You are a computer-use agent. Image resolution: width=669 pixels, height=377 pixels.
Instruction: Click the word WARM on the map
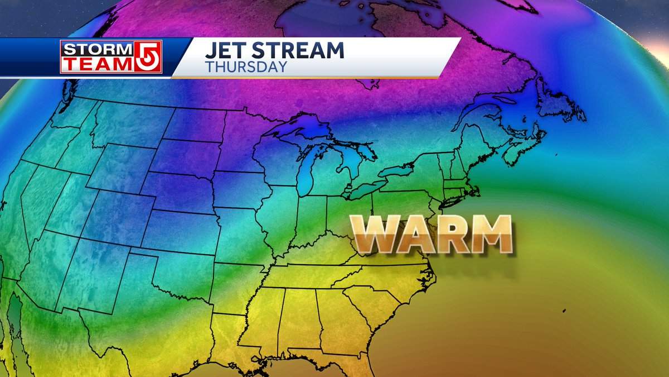[x=432, y=234]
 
